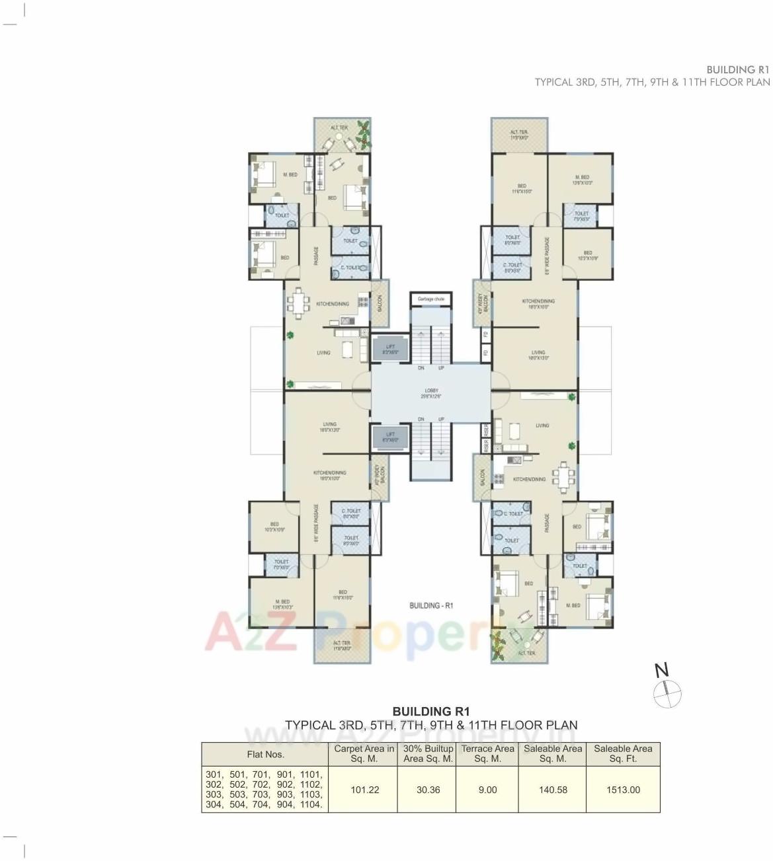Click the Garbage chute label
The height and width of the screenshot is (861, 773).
coord(430,299)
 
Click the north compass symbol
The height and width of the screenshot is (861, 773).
coord(667,694)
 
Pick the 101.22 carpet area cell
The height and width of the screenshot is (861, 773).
coord(364,790)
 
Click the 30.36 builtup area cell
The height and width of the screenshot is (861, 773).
coord(428,790)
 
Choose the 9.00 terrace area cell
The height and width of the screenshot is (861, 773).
coord(487,790)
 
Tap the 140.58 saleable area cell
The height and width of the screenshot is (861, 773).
coord(553,790)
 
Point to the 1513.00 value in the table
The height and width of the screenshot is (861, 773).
coord(623,790)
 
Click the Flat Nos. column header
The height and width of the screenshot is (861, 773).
coord(265,754)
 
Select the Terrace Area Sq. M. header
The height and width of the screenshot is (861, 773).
coord(487,754)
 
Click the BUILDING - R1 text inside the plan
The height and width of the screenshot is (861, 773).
coord(430,605)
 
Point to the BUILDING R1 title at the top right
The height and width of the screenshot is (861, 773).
coord(737,69)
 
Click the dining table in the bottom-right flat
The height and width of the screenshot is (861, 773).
coord(563,477)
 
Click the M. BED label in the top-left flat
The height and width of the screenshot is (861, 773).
coord(290,175)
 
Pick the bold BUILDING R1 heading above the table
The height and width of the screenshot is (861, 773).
coord(430,712)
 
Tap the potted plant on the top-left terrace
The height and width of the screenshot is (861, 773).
coord(362,134)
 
